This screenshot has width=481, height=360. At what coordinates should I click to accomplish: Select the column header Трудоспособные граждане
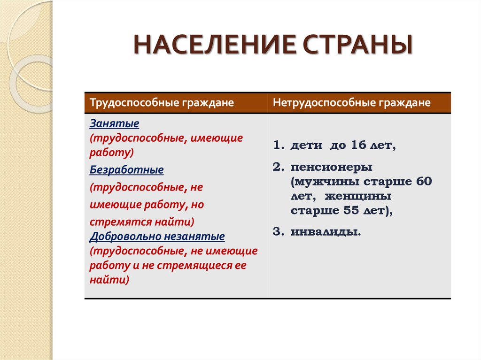point(162,103)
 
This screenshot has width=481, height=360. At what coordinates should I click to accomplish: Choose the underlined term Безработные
point(126,169)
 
